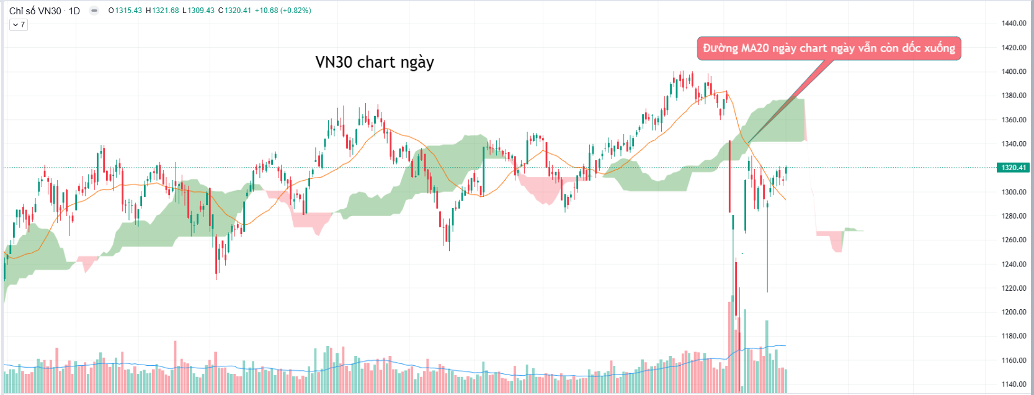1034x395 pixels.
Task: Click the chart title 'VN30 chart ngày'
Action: [375, 62]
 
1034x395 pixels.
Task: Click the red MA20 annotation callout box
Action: [829, 48]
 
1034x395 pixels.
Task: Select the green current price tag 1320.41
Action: [1012, 168]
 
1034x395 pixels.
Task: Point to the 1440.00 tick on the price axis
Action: [1014, 24]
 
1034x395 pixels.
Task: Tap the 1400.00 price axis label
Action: [1014, 71]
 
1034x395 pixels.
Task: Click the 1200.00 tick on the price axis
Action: [1014, 312]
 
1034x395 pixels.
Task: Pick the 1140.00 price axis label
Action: [1014, 384]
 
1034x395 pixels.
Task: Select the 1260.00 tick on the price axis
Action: [1014, 240]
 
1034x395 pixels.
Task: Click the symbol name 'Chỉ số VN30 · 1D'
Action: [45, 11]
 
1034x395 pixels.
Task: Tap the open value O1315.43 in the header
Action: [125, 11]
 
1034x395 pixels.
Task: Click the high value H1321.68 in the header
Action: [163, 11]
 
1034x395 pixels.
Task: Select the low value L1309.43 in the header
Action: [198, 11]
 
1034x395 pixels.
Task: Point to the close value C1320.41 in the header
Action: [235, 11]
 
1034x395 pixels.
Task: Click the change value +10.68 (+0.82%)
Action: [283, 11]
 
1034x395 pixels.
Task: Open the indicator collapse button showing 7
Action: [19, 25]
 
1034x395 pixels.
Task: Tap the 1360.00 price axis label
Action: [1014, 120]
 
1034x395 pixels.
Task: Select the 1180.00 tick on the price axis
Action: [1014, 336]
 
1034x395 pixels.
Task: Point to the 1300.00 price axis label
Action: [1014, 192]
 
